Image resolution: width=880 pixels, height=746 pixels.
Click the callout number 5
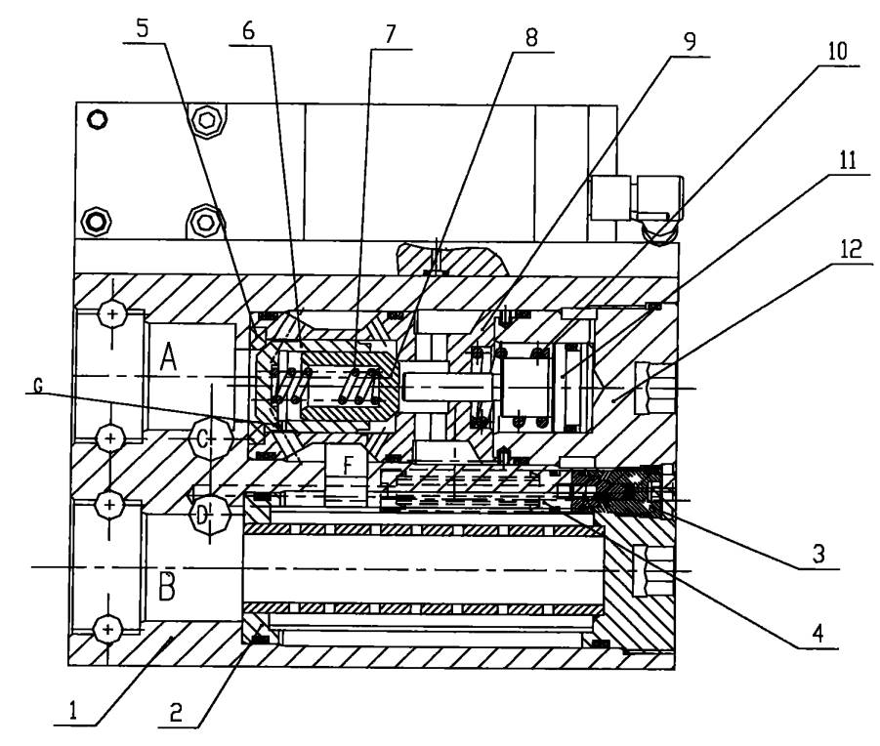point(143,27)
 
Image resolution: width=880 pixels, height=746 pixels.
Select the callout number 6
point(249,31)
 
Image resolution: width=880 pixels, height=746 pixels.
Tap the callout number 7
point(390,34)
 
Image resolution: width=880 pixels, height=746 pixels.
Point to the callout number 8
point(531,37)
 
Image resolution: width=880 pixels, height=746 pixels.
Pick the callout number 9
point(690,41)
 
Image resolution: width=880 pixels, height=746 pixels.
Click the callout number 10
point(837,51)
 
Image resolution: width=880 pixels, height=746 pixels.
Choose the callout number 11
point(847,160)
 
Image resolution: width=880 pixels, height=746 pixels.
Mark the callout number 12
point(851,248)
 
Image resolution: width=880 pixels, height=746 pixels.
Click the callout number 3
point(818,554)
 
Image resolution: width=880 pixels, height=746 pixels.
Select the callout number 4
point(817,634)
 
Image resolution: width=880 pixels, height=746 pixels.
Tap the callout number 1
point(72,712)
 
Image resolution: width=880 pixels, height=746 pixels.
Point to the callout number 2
point(176,713)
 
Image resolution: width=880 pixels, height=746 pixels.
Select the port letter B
point(166,586)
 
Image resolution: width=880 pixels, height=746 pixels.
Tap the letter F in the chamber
point(348,465)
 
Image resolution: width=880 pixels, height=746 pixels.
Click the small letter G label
point(38,386)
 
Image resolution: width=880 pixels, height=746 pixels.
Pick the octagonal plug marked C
point(209,439)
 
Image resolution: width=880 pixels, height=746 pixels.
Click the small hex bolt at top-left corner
point(98,119)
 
